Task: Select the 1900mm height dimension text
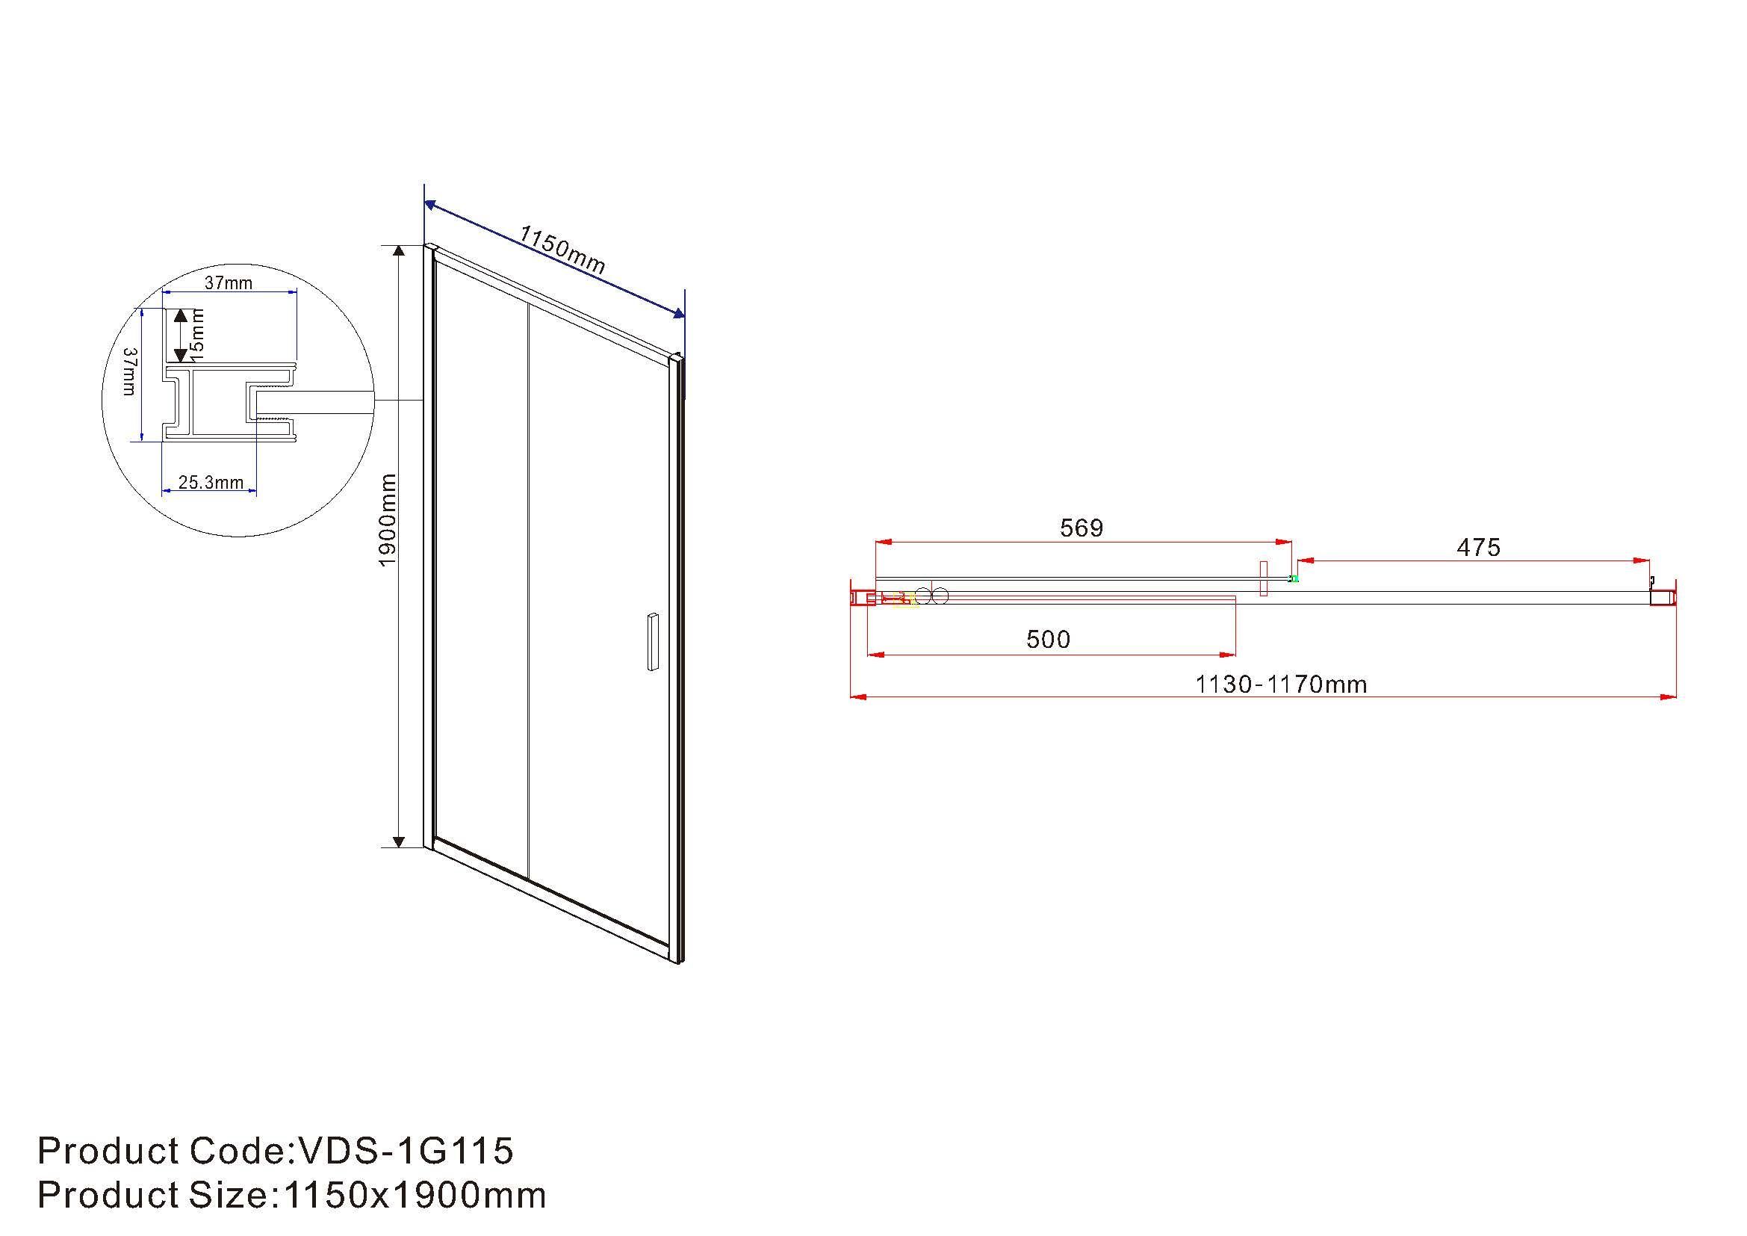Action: [x=388, y=520]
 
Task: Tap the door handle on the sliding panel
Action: [x=653, y=642]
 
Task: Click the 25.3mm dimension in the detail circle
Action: [x=211, y=483]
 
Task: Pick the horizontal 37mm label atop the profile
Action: [x=229, y=283]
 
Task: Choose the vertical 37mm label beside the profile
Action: [x=129, y=371]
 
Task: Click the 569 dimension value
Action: [x=1082, y=528]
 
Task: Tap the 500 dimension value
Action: [x=1048, y=640]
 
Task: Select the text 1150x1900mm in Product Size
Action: [x=415, y=1195]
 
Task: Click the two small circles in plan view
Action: [x=932, y=596]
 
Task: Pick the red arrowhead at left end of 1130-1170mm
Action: [x=857, y=696]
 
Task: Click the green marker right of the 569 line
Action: [x=1294, y=579]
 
